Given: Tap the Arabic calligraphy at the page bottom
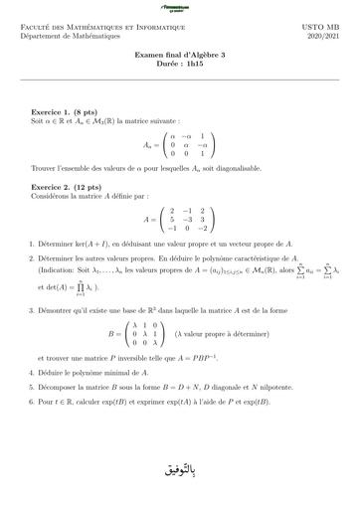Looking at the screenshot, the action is pyautogui.click(x=178, y=466).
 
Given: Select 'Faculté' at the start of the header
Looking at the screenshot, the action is pyautogui.click(x=35, y=28).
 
